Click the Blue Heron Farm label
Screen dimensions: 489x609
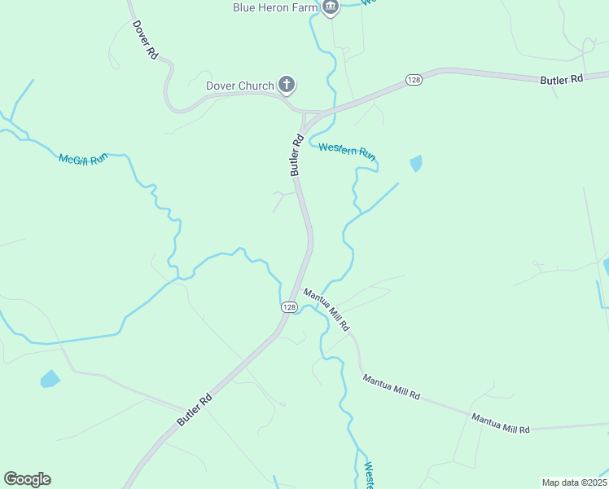click(x=275, y=7)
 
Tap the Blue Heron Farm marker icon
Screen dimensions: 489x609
click(x=330, y=8)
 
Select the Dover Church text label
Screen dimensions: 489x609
click(x=239, y=85)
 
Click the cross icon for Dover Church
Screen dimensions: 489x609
click(x=286, y=84)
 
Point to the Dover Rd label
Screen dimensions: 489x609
click(x=145, y=39)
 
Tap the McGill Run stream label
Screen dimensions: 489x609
click(x=83, y=157)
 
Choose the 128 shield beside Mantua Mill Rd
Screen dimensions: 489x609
click(x=289, y=306)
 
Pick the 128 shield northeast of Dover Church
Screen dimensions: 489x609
click(x=414, y=80)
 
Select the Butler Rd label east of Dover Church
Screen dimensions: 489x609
click(x=562, y=80)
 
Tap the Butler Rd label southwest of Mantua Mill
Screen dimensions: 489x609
click(x=195, y=410)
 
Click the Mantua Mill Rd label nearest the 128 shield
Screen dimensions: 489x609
click(x=326, y=309)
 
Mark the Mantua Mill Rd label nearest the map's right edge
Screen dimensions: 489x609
click(x=501, y=423)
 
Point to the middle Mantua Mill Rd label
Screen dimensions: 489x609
click(x=392, y=388)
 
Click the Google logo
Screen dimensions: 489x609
click(x=27, y=479)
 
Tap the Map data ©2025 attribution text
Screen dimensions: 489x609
click(x=574, y=482)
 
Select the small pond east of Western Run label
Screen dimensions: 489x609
click(x=416, y=164)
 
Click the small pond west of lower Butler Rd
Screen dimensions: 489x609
click(x=50, y=379)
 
